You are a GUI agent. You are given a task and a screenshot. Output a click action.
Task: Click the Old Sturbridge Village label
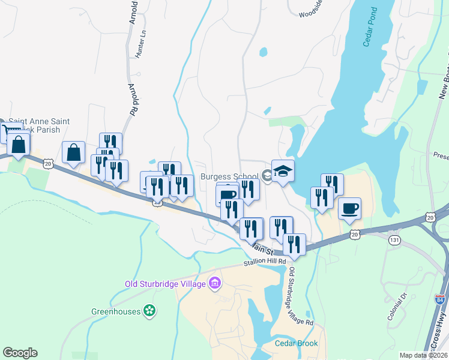click(x=166, y=284)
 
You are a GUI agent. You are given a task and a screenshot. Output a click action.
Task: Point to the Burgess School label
click(x=229, y=176)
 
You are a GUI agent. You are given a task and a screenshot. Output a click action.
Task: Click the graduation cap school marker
click(x=283, y=172)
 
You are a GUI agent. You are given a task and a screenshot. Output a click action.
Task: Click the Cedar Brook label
click(x=296, y=343)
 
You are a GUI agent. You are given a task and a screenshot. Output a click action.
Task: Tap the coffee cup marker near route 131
click(x=350, y=208)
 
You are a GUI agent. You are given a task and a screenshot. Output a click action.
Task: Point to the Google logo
click(x=20, y=353)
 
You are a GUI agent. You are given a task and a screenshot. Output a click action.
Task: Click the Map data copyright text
click(x=424, y=355)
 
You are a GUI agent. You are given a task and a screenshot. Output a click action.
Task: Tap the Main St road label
click(x=262, y=248)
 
